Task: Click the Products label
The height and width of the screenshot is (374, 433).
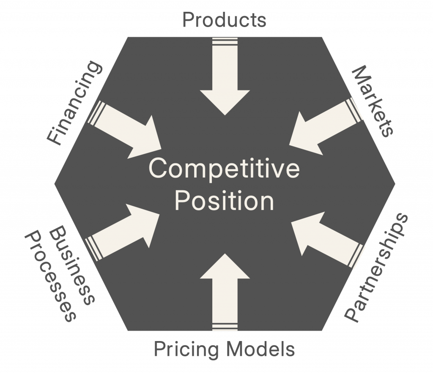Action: click(x=224, y=19)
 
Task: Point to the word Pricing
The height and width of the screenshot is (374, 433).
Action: click(x=186, y=350)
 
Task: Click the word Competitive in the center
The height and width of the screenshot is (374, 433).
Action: click(x=224, y=170)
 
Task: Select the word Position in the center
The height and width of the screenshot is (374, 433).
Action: click(x=224, y=202)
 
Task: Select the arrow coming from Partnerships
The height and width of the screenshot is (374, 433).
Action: click(x=326, y=239)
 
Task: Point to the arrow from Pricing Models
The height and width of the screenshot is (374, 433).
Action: click(x=224, y=292)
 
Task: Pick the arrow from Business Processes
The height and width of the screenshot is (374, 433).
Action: click(x=123, y=232)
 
